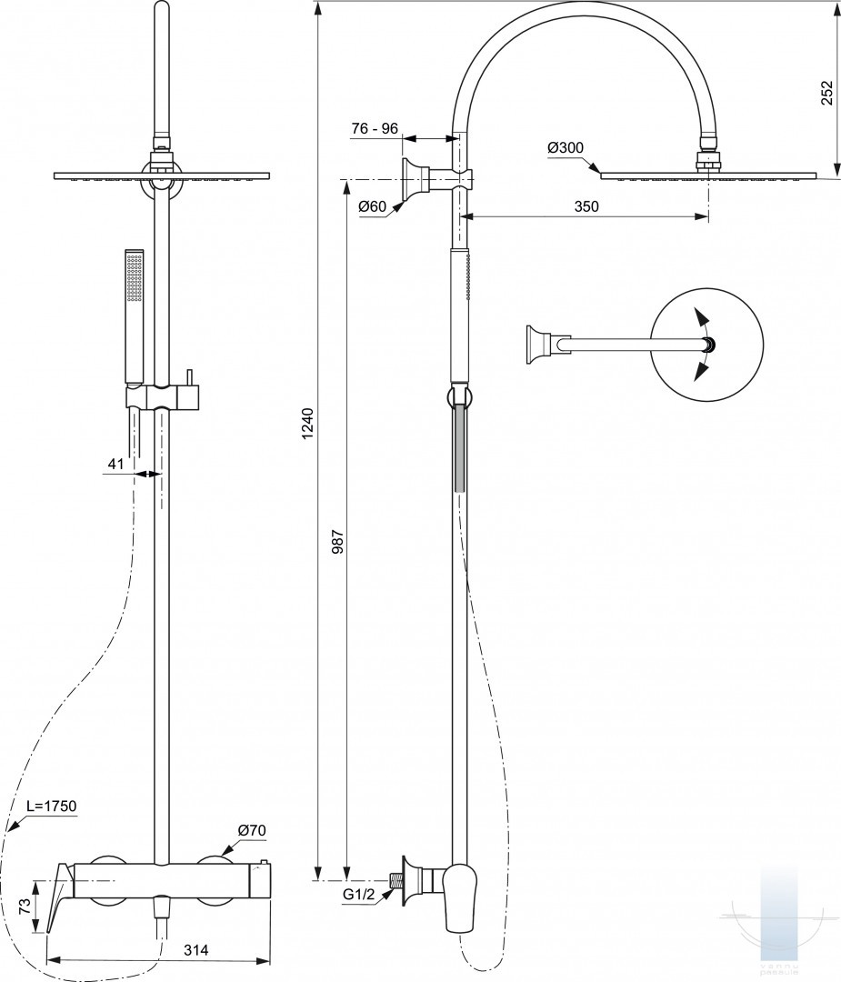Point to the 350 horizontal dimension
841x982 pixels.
tap(586, 206)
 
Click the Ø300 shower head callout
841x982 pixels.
tap(566, 148)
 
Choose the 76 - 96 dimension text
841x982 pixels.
tap(375, 128)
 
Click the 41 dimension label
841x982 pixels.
tap(115, 465)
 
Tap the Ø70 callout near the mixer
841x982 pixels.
tap(251, 830)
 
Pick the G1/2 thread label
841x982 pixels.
tap(359, 896)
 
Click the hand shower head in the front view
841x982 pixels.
tap(135, 277)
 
